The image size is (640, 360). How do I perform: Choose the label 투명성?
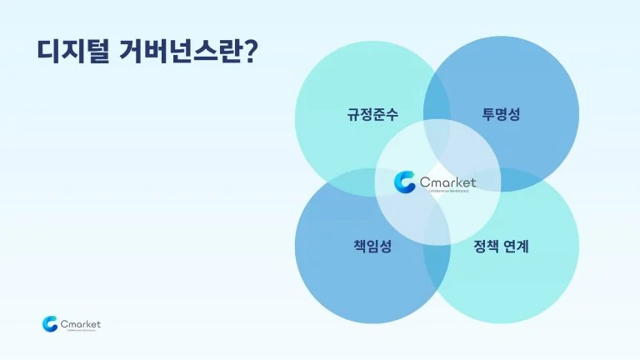pos(501,115)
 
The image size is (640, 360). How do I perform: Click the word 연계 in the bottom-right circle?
pos(517,247)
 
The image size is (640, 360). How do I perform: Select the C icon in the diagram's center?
pos(405,182)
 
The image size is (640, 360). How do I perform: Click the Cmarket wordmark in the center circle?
pos(448,180)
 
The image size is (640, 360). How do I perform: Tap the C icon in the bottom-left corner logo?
pos(50,323)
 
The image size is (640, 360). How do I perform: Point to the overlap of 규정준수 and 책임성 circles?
pos(350,182)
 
